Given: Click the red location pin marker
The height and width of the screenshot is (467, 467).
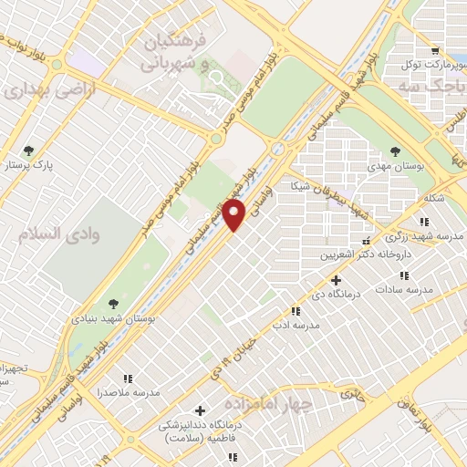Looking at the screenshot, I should (x=235, y=216).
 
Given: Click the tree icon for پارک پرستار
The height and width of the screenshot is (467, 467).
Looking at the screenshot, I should (x=31, y=150).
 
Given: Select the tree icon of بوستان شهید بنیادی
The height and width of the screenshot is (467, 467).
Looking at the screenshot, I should (x=113, y=304).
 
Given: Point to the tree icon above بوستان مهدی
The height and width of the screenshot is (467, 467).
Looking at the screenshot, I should (x=395, y=151).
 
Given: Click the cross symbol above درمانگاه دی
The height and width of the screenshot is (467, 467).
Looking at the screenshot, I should (x=337, y=280).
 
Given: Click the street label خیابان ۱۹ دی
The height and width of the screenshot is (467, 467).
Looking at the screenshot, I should (x=248, y=351).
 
